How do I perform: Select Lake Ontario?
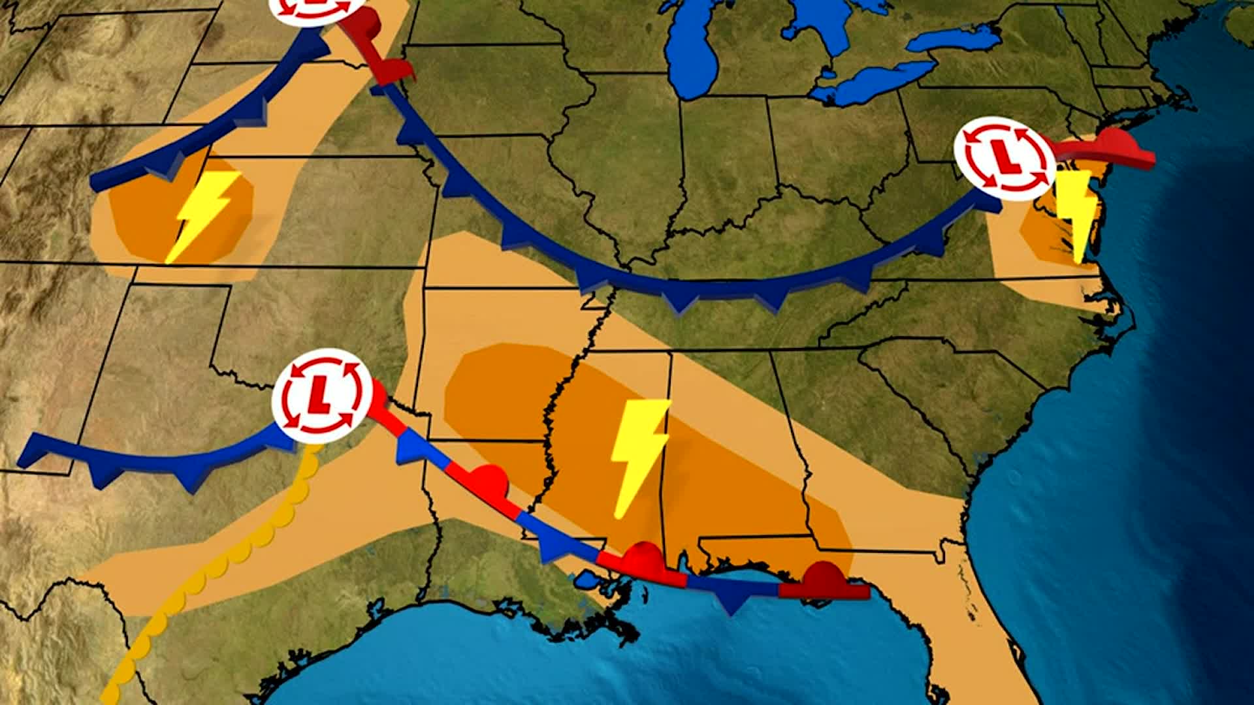954,40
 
